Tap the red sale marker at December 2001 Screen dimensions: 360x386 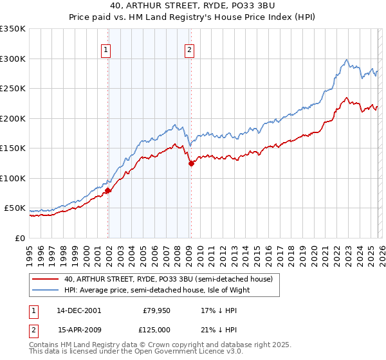coord(108,190)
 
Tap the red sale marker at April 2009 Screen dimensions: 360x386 coord(191,164)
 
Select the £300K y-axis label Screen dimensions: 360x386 coord(13,59)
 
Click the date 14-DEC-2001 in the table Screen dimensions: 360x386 coord(79,310)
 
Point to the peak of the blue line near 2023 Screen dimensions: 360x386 coord(347,60)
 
